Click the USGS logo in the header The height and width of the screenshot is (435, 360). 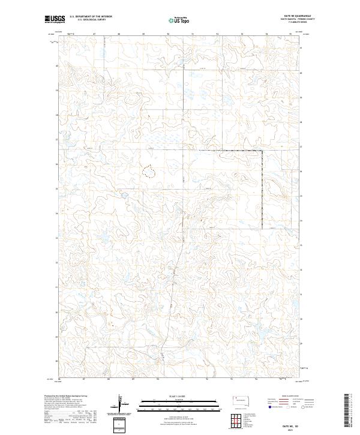point(55,20)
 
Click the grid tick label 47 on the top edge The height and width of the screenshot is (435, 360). point(95,34)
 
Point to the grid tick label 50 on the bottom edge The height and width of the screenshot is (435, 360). point(158,379)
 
